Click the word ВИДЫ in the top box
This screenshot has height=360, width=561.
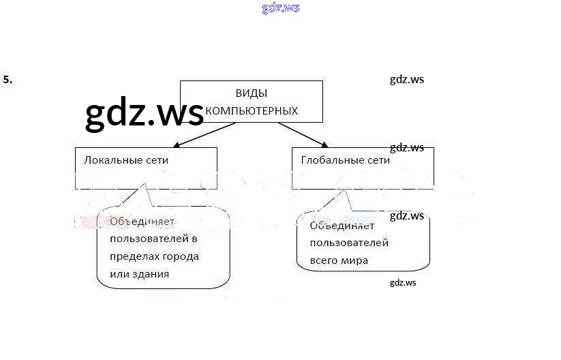pyautogui.click(x=251, y=93)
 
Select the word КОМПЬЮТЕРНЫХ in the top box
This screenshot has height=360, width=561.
pyautogui.click(x=252, y=110)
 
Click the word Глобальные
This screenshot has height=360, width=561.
pyautogui.click(x=329, y=160)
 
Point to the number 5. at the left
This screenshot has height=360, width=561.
pyautogui.click(x=7, y=80)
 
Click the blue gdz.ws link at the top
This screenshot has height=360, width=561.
pyautogui.click(x=281, y=7)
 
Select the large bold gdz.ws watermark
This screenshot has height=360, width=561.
pyautogui.click(x=145, y=112)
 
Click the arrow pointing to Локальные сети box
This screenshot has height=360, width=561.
pyautogui.click(x=204, y=135)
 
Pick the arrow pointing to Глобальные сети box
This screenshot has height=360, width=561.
pyautogui.click(x=303, y=135)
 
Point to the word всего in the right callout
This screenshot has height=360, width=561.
pyautogui.click(x=322, y=260)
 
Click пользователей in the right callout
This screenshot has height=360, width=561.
pyautogui.click(x=349, y=243)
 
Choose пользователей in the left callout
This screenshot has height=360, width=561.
pyautogui.click(x=149, y=239)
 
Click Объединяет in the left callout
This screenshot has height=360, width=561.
pyautogui.click(x=142, y=222)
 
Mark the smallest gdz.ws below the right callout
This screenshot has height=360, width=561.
pyautogui.click(x=403, y=283)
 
